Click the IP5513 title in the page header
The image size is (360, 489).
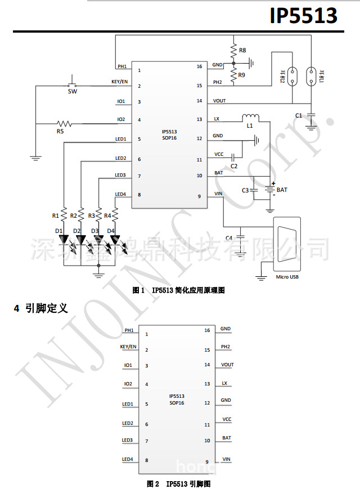click(304, 16)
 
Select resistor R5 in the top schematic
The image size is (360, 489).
click(64, 123)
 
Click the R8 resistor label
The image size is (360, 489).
click(242, 51)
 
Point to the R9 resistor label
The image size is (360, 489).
click(242, 75)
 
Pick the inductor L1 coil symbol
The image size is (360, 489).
click(250, 118)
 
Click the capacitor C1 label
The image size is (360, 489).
click(299, 115)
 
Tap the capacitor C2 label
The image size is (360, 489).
click(234, 166)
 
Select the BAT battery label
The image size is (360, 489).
click(282, 190)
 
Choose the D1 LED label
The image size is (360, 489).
click(58, 231)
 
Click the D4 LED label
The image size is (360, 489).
click(110, 231)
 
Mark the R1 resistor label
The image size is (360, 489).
click(55, 216)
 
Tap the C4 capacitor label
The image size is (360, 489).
click(229, 238)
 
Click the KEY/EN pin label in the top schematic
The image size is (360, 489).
click(120, 82)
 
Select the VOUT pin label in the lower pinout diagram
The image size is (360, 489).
click(227, 365)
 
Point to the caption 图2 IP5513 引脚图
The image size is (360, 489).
click(179, 483)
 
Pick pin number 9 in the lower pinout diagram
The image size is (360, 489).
click(207, 462)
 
